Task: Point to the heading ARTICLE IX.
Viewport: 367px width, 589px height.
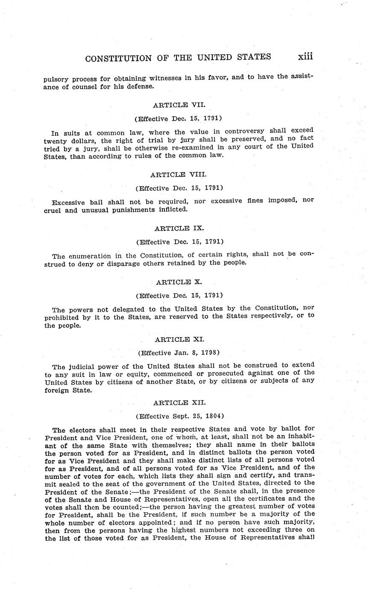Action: click(x=179, y=228)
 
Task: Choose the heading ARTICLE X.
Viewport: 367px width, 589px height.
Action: click(x=179, y=282)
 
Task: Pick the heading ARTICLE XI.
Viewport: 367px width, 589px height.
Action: click(x=179, y=339)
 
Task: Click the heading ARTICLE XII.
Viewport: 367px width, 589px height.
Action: click(x=179, y=402)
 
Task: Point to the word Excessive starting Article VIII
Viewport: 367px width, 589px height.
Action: click(x=69, y=202)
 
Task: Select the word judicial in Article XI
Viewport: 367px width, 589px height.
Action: click(x=81, y=366)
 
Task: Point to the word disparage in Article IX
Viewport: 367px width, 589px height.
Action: click(x=105, y=263)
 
